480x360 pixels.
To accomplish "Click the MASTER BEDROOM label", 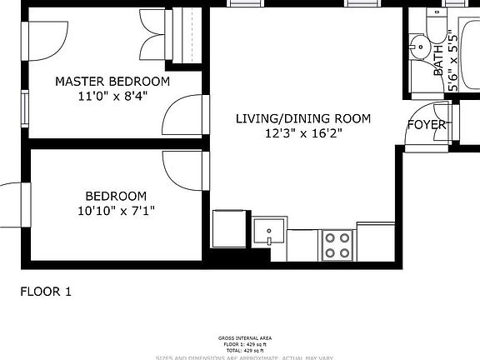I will pyautogui.click(x=112, y=82).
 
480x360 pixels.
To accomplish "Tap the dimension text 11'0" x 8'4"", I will pyautogui.click(x=112, y=96).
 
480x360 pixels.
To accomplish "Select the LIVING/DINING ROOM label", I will pyautogui.click(x=302, y=118).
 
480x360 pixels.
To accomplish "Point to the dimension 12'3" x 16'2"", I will pyautogui.click(x=302, y=132).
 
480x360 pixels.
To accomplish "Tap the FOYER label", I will pyautogui.click(x=426, y=125).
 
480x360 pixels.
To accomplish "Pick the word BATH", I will pyautogui.click(x=438, y=61).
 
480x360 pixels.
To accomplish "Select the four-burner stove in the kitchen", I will pyautogui.click(x=337, y=245).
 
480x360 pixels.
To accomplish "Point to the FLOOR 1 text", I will pyautogui.click(x=46, y=292).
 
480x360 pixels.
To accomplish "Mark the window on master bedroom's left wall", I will pyautogui.click(x=26, y=102).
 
